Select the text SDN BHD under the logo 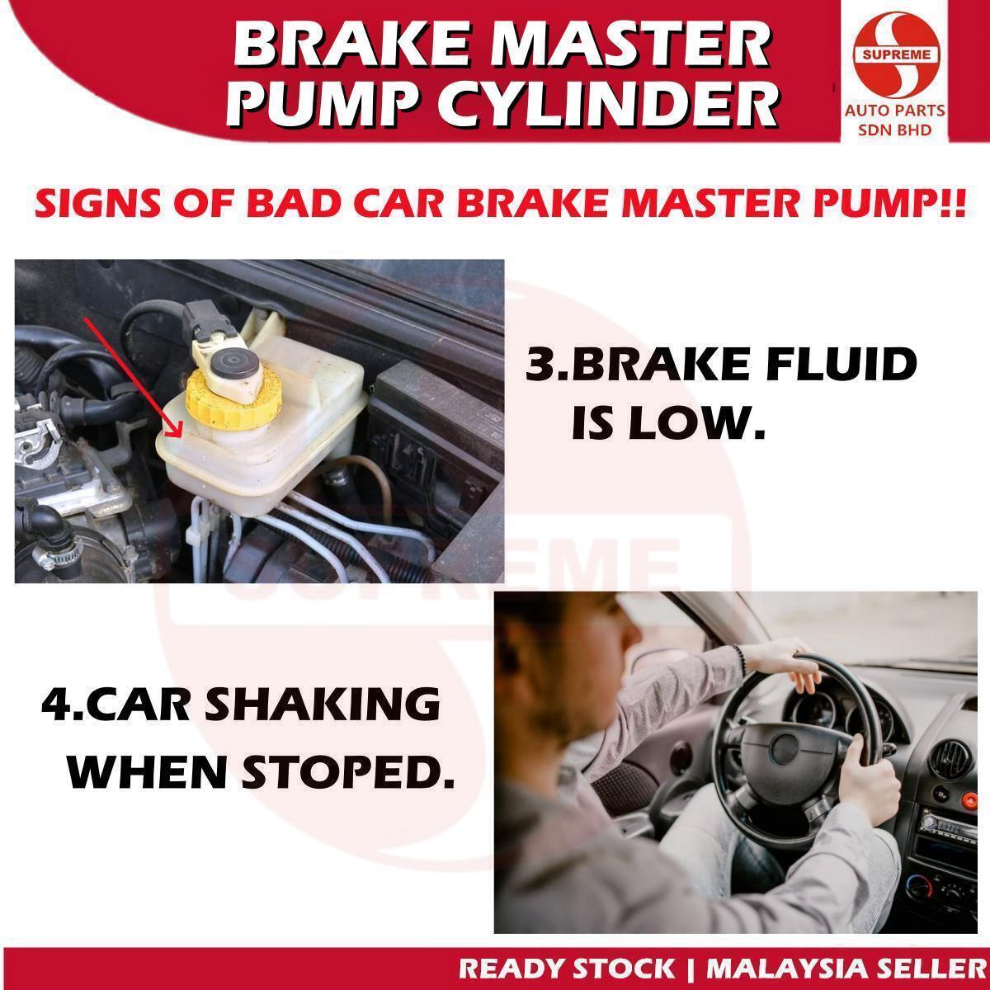pos(894,130)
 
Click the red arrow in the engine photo pos(132,375)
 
